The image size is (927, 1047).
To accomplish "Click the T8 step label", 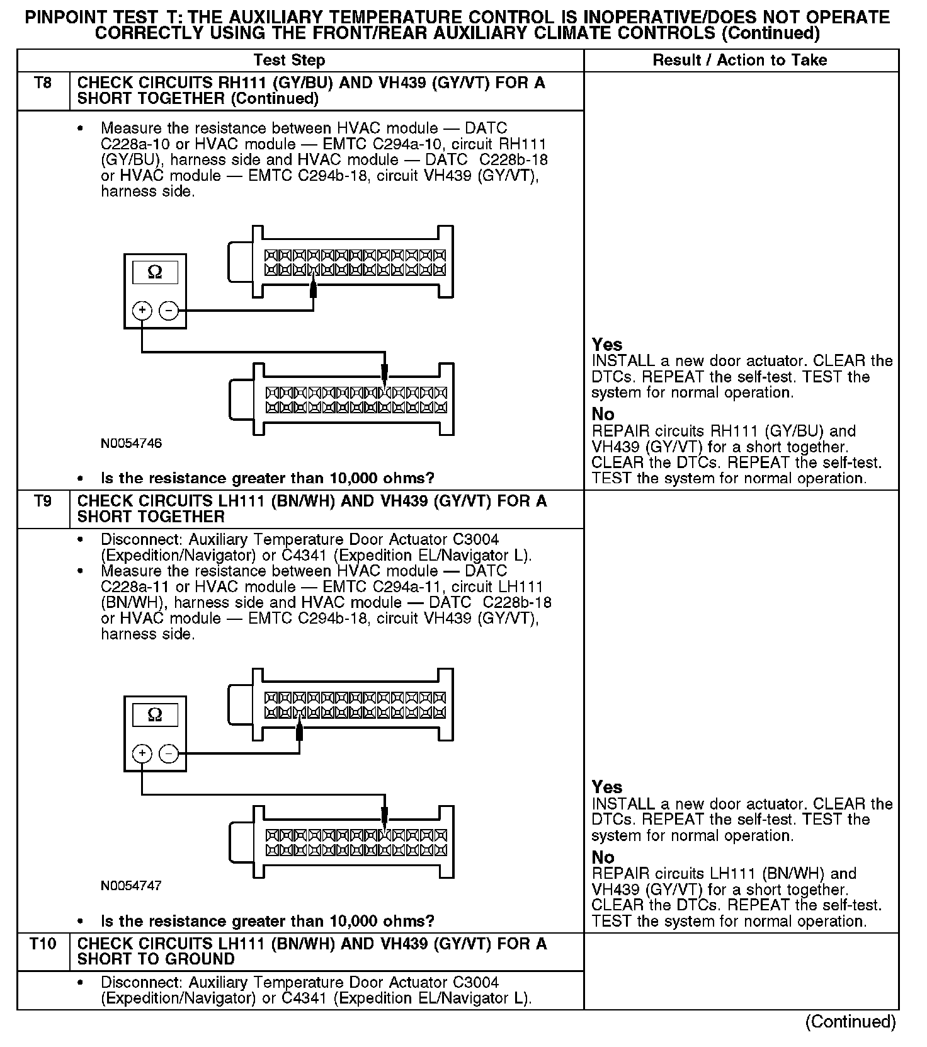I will (x=43, y=83).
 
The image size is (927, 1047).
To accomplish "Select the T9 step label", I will (x=43, y=501).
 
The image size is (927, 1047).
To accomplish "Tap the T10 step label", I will (x=43, y=944).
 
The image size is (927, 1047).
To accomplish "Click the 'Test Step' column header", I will (x=289, y=60).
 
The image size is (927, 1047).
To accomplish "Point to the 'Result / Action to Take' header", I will (x=740, y=60).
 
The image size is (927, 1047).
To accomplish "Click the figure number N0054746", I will (x=131, y=443).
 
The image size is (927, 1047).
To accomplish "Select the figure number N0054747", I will (x=131, y=886).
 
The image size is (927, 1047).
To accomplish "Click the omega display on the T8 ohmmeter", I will (x=155, y=272).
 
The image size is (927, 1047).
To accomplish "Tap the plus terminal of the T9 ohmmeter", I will (x=142, y=753).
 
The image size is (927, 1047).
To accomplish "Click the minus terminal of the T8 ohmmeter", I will (x=168, y=311).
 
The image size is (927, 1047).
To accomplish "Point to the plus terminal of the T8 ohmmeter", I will (x=142, y=311).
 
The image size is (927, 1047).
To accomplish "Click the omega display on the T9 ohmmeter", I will (x=155, y=715).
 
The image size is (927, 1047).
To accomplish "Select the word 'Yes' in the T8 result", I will (x=607, y=345).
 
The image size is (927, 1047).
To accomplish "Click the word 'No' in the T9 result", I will (x=603, y=857).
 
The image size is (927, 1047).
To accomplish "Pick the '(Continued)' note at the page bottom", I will (x=850, y=1021).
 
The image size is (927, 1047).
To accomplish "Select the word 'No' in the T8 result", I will (x=603, y=415).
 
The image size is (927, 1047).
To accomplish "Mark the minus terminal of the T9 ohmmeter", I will (x=168, y=753).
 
